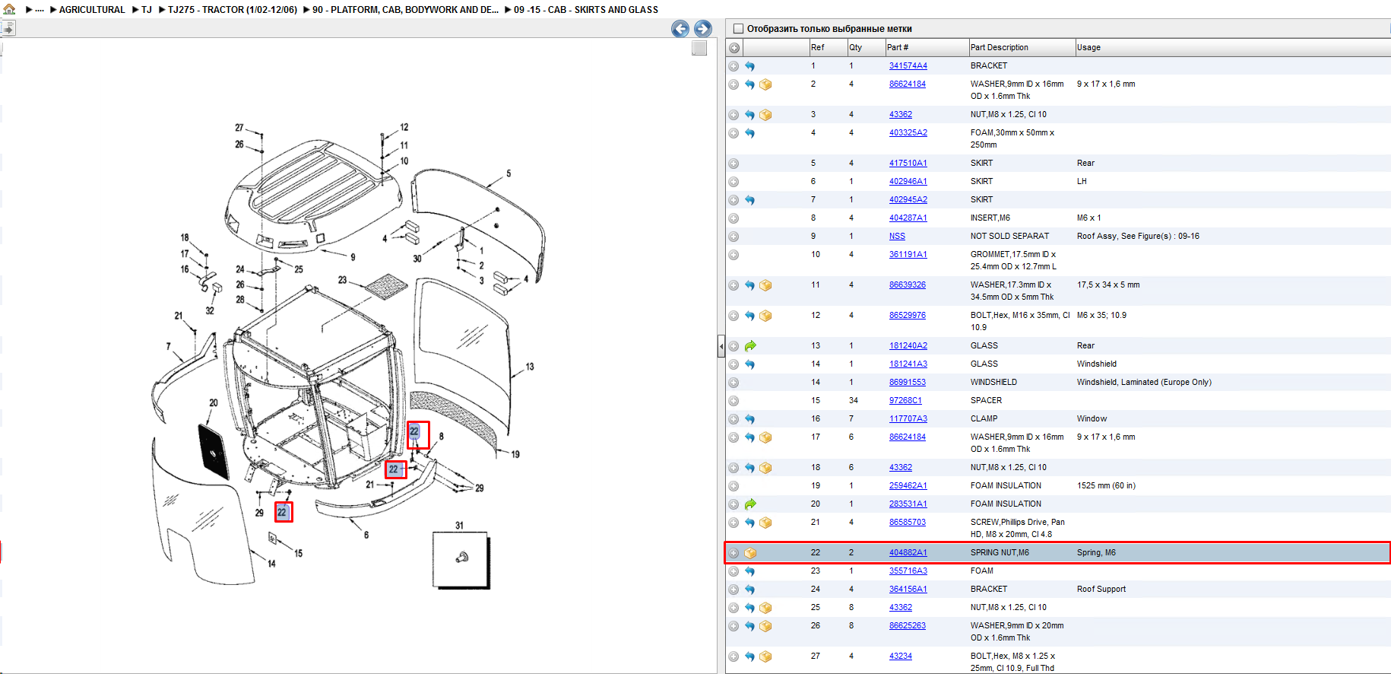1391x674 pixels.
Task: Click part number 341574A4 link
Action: [908, 66]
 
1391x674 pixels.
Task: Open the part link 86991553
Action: [907, 383]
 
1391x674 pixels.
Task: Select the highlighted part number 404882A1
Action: [908, 553]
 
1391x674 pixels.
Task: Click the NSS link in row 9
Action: [897, 237]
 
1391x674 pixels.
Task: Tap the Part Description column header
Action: [999, 47]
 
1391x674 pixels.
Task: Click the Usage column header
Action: [1088, 47]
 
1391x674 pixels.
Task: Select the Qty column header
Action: [855, 47]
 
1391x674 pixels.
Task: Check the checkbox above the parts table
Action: [737, 29]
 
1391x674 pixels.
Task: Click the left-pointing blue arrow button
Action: [680, 29]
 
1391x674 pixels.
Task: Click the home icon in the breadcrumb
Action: [9, 9]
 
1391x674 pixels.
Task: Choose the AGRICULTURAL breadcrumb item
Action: [92, 10]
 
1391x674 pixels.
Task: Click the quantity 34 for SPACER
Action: [854, 401]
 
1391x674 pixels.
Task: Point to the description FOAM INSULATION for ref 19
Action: [1006, 486]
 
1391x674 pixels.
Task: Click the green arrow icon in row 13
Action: [750, 346]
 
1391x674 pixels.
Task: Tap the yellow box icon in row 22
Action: [750, 553]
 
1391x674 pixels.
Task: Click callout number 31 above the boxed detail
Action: [459, 526]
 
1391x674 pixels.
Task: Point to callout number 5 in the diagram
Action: [509, 173]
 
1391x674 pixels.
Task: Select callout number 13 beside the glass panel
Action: [530, 367]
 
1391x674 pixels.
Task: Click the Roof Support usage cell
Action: [1101, 590]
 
